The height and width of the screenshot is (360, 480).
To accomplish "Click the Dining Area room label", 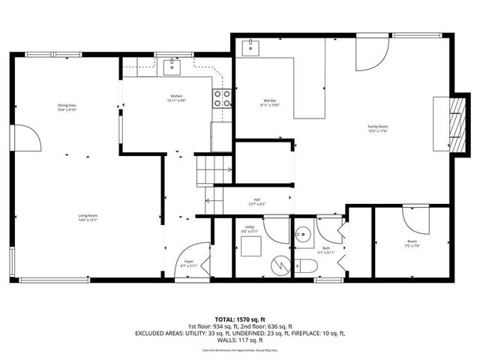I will click(x=67, y=106).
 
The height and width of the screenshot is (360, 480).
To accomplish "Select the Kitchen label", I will click(x=175, y=97).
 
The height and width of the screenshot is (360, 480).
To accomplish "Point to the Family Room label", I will click(x=377, y=128).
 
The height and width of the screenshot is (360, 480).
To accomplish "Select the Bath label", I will click(x=326, y=248).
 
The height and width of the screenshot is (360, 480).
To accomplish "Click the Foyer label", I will click(x=189, y=262).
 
